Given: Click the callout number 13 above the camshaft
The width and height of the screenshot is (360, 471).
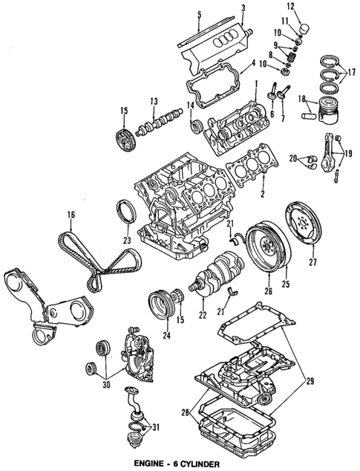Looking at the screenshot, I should (x=153, y=101).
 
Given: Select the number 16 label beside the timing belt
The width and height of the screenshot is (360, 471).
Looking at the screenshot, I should (x=71, y=217).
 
